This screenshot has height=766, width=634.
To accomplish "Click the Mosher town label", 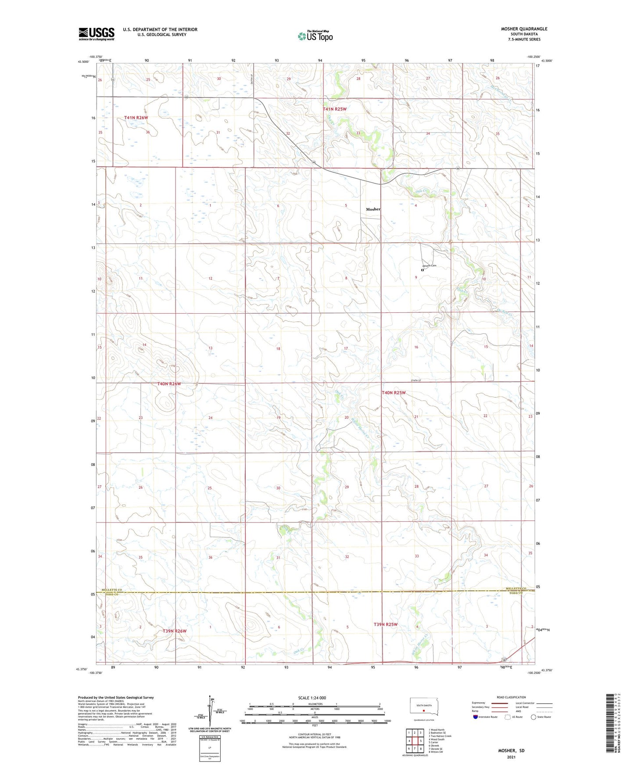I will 373,209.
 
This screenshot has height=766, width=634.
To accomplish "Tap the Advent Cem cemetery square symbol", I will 422,270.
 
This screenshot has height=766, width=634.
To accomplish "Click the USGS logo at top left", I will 97,34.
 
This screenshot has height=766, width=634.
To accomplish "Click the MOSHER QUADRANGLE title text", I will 524,29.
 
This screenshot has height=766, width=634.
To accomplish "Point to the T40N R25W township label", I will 394,393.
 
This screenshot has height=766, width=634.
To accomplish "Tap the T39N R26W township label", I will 175,631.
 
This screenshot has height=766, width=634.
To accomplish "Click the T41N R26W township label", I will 136,118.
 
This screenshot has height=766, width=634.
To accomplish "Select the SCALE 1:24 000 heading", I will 312,698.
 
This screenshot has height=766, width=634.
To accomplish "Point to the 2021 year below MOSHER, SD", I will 511,757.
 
